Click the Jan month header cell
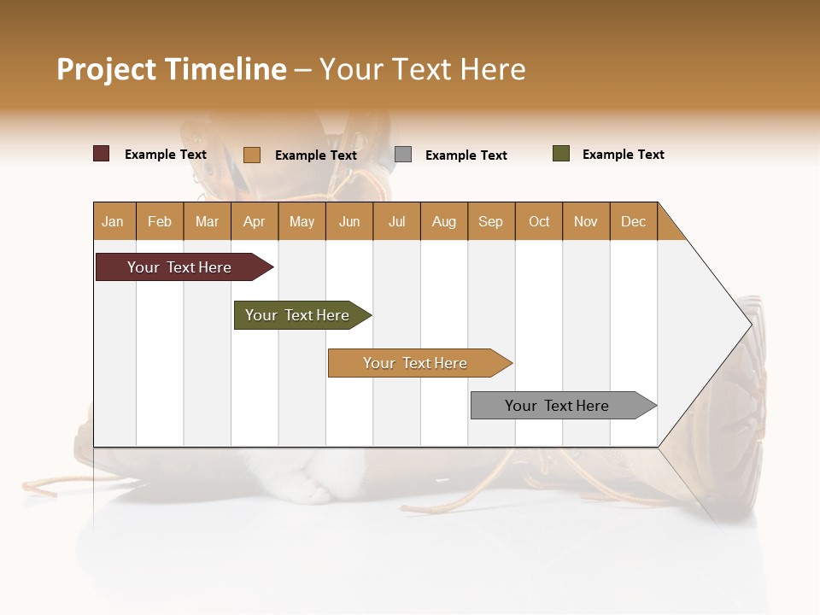114,221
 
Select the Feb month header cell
160,221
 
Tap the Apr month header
255,221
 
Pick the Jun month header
349,221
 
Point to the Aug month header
444,221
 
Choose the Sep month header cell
491,221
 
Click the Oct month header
539,221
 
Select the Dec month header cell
634,221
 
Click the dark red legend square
102,154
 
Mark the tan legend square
252,155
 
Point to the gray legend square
403,155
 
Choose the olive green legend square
561,154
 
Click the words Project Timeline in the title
171,69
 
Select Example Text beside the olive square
623,155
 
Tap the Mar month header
207,221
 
